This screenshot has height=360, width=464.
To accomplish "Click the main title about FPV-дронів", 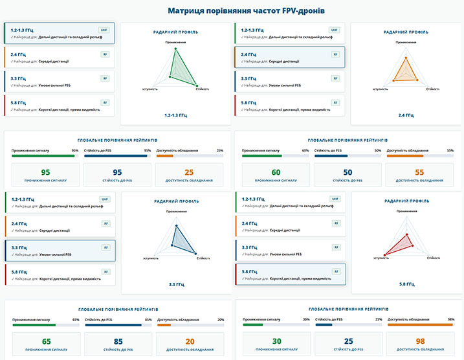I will tap(232, 10).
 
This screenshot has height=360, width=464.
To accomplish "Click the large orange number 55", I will tap(419, 172).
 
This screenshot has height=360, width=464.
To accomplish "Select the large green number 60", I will tap(276, 172).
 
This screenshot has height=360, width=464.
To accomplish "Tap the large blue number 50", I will tap(347, 172).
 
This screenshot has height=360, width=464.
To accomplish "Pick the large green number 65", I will tap(46, 341).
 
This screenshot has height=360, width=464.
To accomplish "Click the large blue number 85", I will tap(117, 341).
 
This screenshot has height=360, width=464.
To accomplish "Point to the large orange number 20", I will tap(189, 341).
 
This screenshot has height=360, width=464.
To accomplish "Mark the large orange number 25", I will tap(189, 172).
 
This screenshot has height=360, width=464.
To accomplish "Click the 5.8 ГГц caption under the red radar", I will tap(406, 284).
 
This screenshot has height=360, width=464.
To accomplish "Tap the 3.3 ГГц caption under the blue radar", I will tap(177, 284).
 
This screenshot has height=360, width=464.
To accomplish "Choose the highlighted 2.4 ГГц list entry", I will tap(289, 58).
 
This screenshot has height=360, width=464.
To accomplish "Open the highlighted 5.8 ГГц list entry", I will tap(289, 275).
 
